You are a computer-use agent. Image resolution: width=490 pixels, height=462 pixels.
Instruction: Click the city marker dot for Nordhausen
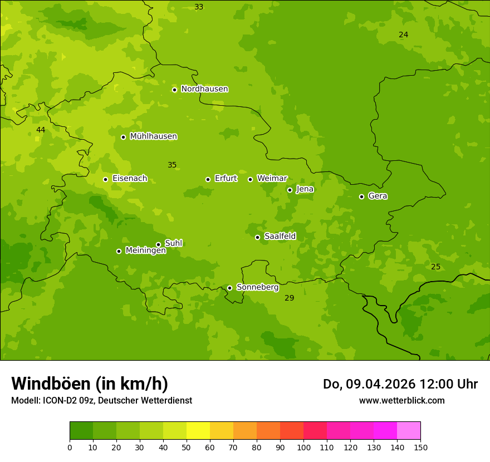[174, 90]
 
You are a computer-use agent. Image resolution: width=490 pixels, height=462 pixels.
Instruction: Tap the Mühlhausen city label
[153, 136]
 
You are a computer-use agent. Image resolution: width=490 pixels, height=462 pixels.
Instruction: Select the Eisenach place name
[130, 179]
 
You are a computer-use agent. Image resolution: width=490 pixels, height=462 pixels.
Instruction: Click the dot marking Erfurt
[208, 179]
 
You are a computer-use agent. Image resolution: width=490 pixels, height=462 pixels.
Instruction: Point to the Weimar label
[272, 179]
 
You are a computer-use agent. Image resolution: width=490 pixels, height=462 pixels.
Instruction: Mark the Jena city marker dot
[290, 190]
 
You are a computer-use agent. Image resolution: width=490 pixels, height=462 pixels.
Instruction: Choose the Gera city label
[378, 196]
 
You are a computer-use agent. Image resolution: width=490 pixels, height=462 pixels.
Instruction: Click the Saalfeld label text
[280, 237]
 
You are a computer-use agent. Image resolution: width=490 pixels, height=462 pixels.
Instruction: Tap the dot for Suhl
[158, 244]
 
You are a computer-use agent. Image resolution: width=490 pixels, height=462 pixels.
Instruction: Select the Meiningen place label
[145, 251]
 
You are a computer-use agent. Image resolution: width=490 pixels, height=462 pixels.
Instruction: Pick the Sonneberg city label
[257, 287]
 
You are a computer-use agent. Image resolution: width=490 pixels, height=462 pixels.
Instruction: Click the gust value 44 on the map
[41, 130]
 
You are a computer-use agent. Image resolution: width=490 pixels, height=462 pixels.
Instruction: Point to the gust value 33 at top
[199, 7]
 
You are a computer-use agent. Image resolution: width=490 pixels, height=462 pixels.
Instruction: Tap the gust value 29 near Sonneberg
[290, 298]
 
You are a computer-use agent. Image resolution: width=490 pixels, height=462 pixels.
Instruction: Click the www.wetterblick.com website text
[401, 401]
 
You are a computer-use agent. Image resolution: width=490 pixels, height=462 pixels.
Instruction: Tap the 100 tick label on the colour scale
[303, 448]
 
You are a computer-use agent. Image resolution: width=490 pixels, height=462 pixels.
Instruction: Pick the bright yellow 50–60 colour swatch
[198, 431]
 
